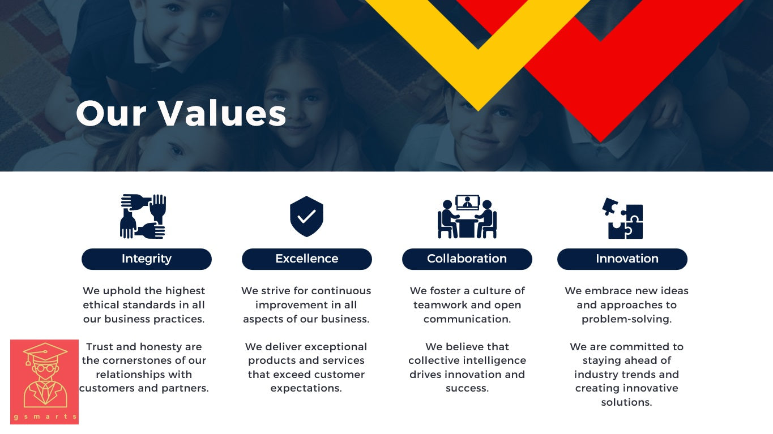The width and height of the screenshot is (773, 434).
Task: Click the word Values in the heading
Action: (222, 113)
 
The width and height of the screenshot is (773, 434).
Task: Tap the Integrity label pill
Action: (147, 259)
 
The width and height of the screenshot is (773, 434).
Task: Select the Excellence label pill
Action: (307, 259)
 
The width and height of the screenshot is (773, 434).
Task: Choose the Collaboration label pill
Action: (467, 259)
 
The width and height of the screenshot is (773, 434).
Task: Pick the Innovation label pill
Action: (622, 259)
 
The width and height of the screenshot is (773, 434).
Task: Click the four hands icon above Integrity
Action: (143, 217)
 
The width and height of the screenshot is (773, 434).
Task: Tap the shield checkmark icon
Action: (306, 217)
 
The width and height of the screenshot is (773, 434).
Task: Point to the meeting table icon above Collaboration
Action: (467, 217)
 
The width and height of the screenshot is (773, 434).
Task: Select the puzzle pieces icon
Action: (622, 218)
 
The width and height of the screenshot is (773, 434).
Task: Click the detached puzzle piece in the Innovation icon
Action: (609, 206)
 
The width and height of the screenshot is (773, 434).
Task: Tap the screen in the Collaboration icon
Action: (468, 203)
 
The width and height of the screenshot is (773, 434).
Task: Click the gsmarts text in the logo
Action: (45, 416)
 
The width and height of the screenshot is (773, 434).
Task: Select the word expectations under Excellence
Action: (306, 389)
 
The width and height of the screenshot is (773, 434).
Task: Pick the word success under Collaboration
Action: (467, 389)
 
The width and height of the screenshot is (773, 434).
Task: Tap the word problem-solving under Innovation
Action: (626, 319)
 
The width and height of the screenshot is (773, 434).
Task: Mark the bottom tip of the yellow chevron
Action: (479, 111)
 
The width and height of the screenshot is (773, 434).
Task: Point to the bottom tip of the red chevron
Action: (600, 142)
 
